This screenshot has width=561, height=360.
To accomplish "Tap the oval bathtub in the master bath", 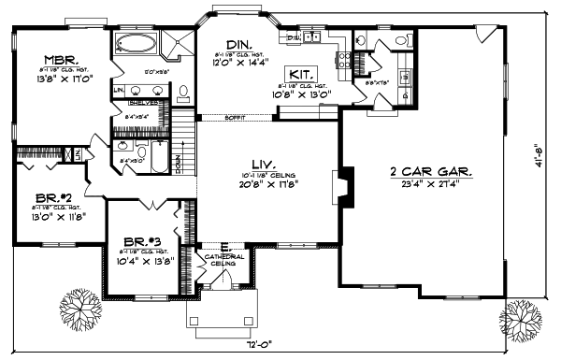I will tap(138, 43).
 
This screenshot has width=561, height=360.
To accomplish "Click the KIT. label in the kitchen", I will tap(299, 72).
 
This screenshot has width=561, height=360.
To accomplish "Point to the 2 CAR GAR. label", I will tap(430, 172).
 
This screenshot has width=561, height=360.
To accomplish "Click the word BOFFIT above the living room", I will tap(236, 117).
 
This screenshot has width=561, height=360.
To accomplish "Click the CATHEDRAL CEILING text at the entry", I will tap(223, 259).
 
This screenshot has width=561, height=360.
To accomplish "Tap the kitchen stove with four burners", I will tap(345, 62).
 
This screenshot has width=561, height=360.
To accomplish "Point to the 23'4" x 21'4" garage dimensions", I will tap(431, 185).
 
